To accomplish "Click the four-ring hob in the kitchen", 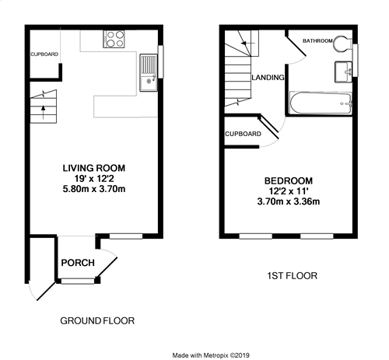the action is coord(114,39).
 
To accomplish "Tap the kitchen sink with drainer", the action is coord(149,72).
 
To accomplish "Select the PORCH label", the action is coord(78,263).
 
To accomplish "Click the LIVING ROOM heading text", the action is coord(94,168).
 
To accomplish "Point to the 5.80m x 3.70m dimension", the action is coord(94,189).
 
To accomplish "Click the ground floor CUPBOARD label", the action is coord(44,54).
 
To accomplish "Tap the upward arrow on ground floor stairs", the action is coord(43,112).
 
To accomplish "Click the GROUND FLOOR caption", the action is coord(97,321).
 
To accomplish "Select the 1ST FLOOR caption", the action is coord(293,276).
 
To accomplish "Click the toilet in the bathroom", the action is coord(342,44).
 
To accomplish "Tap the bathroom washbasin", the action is coord(343,72).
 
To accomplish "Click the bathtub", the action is coord(321,103).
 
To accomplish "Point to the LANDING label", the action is coord(268,78).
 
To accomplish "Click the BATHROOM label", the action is coord(317,40).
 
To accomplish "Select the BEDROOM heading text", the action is coord(289,180).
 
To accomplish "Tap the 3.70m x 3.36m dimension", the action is coord(289,201).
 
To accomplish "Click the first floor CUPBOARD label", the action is coord(243,134).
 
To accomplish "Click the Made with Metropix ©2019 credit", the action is coord(211,355).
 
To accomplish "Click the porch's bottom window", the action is coord(78,281).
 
